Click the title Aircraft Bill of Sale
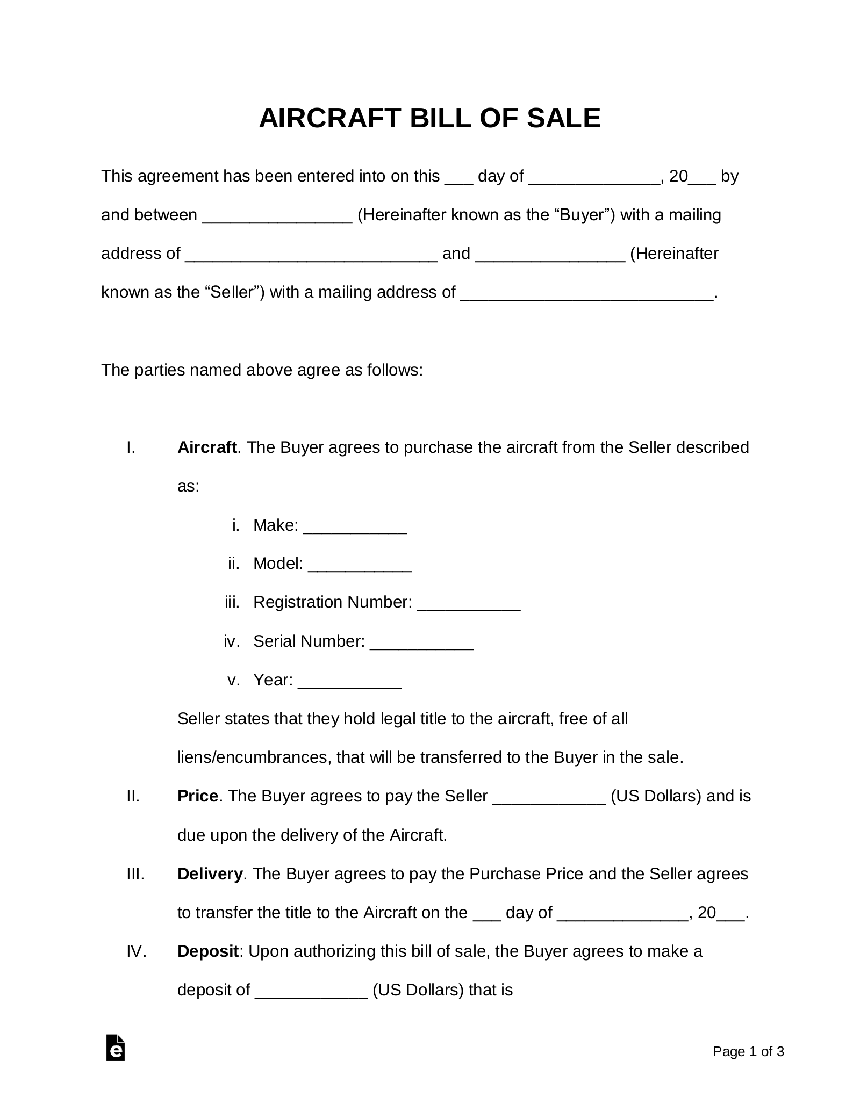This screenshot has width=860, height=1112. point(429,118)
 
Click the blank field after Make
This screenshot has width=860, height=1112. point(355,526)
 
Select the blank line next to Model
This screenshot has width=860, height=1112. point(360,565)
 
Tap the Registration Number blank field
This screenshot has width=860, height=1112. point(469,604)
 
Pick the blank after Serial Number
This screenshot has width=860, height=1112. point(422,642)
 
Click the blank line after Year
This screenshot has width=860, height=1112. point(349,681)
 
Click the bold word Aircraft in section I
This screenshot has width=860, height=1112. point(207,447)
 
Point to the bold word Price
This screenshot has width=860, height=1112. point(197,796)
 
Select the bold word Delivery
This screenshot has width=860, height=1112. point(210,874)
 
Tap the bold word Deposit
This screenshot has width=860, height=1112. point(207,951)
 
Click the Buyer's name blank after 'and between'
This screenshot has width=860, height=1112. point(277,216)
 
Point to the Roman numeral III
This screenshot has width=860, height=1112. point(135,874)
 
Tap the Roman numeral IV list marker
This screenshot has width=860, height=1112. point(137,951)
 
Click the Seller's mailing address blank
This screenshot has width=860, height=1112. point(587,293)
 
